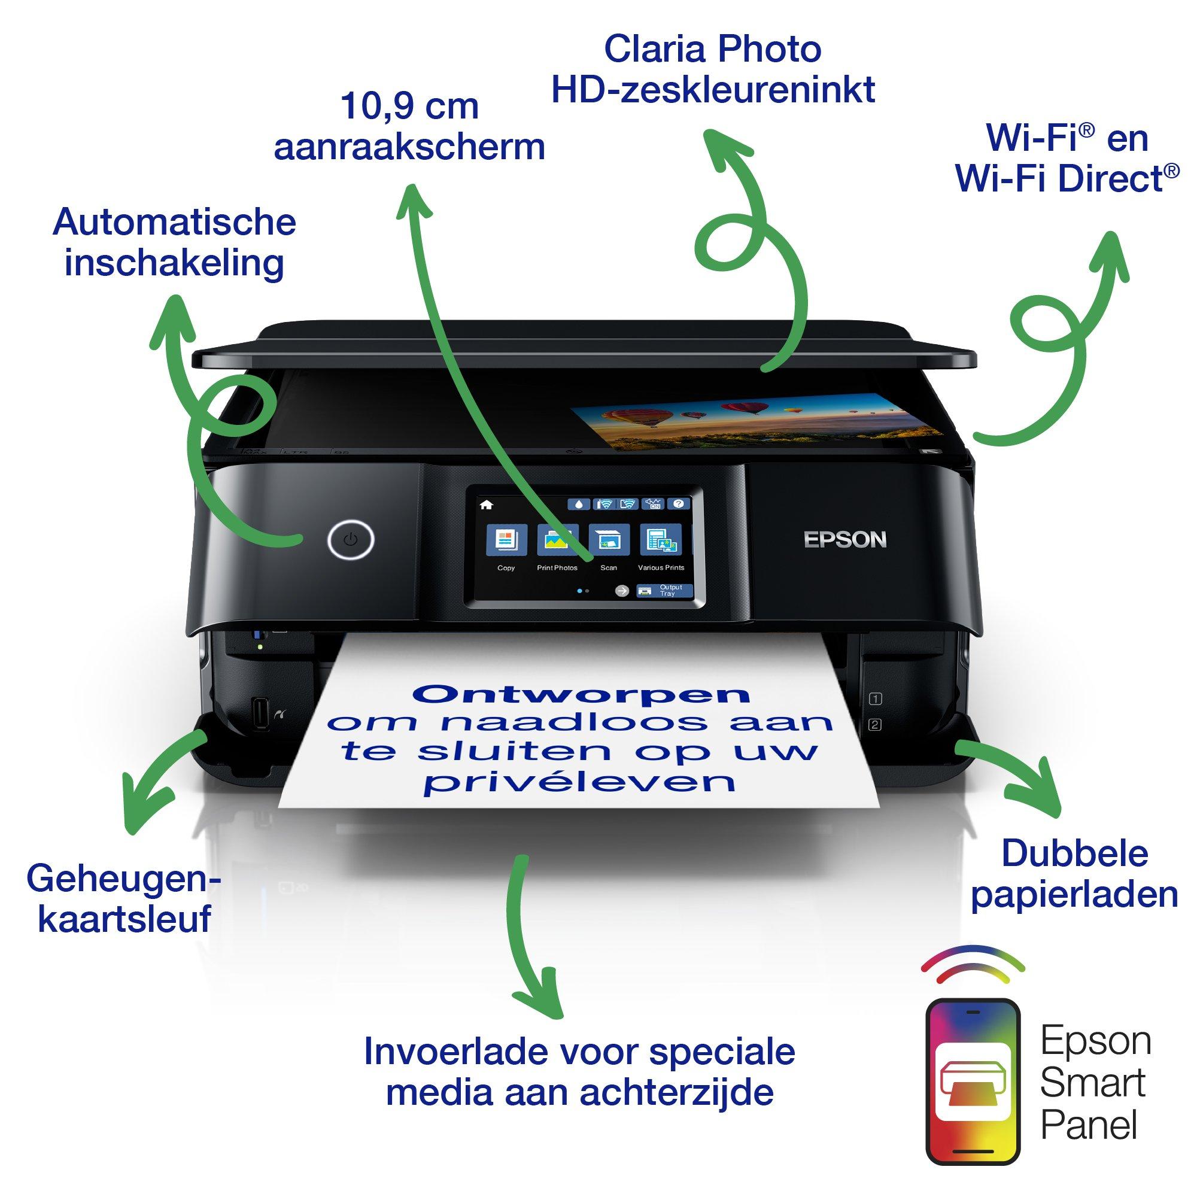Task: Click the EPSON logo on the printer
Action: (x=845, y=540)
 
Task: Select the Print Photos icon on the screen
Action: (x=558, y=541)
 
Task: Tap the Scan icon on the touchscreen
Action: (x=609, y=541)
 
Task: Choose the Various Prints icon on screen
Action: (x=661, y=541)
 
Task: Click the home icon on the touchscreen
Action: (x=487, y=505)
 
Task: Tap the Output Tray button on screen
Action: (x=665, y=591)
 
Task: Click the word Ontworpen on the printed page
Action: (x=582, y=694)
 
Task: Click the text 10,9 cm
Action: (x=409, y=107)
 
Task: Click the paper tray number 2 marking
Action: (x=876, y=724)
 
